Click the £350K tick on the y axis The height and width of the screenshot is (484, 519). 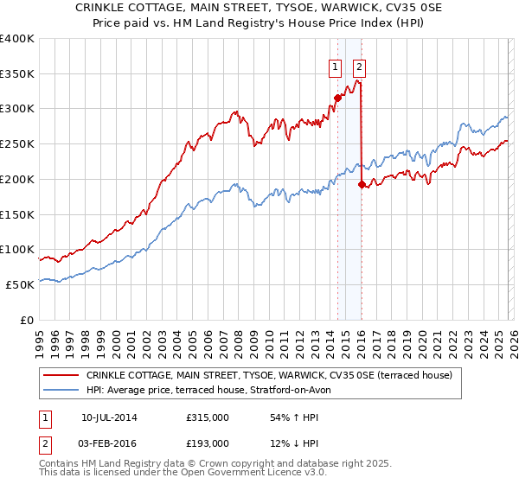[x=17, y=74]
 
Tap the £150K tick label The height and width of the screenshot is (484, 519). [x=17, y=214]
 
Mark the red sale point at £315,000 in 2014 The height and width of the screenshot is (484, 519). [x=338, y=99]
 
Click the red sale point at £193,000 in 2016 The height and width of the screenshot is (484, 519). [x=362, y=184]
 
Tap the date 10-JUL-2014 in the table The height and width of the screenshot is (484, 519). [x=109, y=417]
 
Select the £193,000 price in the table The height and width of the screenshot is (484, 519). [x=208, y=443]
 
